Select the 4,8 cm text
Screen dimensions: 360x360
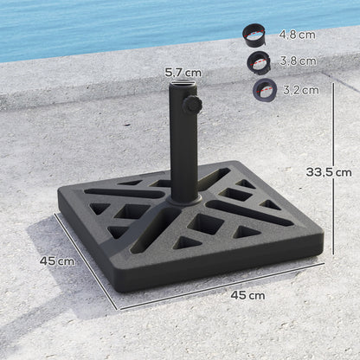click(297, 35)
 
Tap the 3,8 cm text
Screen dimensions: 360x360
click(297, 61)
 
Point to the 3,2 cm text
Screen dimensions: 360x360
click(297, 89)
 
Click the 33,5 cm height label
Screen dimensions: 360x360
click(328, 171)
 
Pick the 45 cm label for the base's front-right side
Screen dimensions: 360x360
click(248, 295)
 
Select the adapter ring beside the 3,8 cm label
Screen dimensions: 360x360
click(259, 61)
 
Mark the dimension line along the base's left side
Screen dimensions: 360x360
click(87, 260)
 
